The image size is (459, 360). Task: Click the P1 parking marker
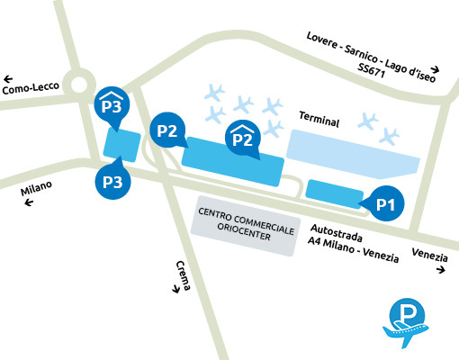(386, 204)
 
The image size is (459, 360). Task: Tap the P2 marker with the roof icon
(242, 137)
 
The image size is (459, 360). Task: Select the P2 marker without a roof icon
(167, 130)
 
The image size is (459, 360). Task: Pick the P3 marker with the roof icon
(112, 105)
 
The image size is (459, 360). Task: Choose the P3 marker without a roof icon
(112, 180)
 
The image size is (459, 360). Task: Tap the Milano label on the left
(37, 189)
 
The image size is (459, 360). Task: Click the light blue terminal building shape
(353, 154)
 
